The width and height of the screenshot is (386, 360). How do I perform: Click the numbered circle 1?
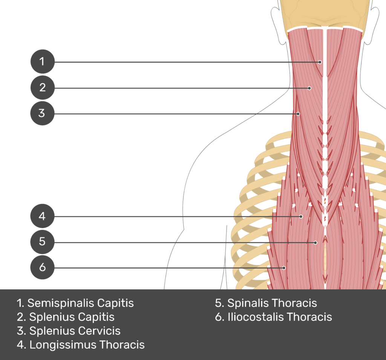[x=42, y=61]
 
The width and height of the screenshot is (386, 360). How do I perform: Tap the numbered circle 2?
[x=42, y=87]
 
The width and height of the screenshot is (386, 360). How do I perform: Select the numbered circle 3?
[x=42, y=113]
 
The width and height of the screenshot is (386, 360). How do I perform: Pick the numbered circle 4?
[x=42, y=216]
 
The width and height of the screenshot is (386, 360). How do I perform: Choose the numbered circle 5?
[x=42, y=241]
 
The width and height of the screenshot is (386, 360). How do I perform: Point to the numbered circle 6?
[x=42, y=267]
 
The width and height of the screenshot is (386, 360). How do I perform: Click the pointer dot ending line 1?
[x=320, y=62]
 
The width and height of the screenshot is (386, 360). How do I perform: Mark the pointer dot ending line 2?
[x=309, y=88]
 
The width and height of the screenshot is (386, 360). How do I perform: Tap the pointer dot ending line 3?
[x=298, y=113]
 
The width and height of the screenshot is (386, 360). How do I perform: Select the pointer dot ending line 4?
[x=301, y=216]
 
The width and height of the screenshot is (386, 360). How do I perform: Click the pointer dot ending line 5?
[x=316, y=242]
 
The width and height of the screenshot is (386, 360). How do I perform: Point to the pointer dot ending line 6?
[x=285, y=268]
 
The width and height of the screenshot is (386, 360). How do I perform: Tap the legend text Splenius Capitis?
[x=72, y=317]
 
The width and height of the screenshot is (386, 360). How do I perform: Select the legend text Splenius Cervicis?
[x=75, y=331]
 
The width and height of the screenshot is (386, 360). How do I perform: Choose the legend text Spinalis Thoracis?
[x=272, y=303]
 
